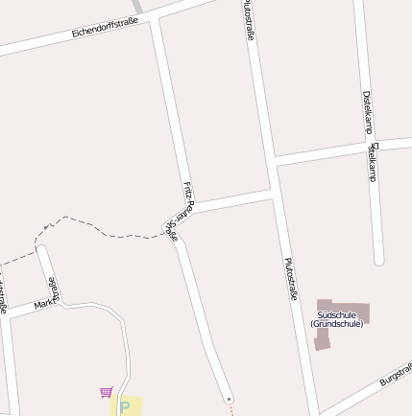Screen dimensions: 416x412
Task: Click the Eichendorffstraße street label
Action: click(x=106, y=28)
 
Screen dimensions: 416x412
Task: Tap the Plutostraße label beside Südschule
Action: click(x=290, y=279)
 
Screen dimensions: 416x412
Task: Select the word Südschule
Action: click(x=336, y=314)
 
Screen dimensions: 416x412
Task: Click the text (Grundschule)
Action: click(x=336, y=324)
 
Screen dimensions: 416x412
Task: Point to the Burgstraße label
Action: click(x=395, y=374)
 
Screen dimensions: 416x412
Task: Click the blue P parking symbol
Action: click(x=124, y=407)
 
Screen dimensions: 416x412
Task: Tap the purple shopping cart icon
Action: click(x=106, y=392)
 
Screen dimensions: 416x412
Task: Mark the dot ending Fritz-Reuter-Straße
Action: click(x=229, y=398)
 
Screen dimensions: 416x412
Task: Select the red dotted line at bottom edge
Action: click(x=231, y=408)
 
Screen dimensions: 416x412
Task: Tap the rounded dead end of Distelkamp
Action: click(x=378, y=259)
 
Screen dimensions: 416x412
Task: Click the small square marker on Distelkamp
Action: click(x=376, y=147)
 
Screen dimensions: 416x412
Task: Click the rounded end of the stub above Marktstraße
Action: click(x=41, y=251)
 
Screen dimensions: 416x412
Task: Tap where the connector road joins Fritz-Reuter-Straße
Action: click(x=190, y=207)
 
